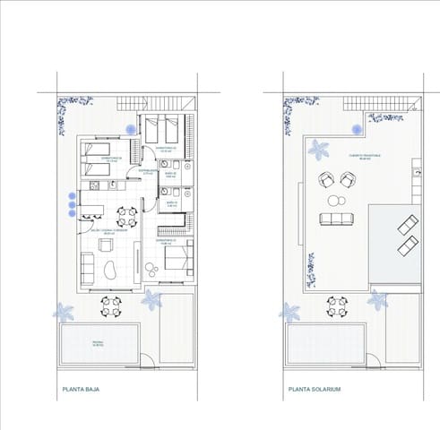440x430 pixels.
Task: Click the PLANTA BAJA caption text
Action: (x=80, y=390)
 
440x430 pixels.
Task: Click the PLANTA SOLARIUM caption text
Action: (x=315, y=390)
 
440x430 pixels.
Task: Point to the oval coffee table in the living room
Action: (x=110, y=270)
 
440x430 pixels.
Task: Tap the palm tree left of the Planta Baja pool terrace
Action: (x=64, y=312)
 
